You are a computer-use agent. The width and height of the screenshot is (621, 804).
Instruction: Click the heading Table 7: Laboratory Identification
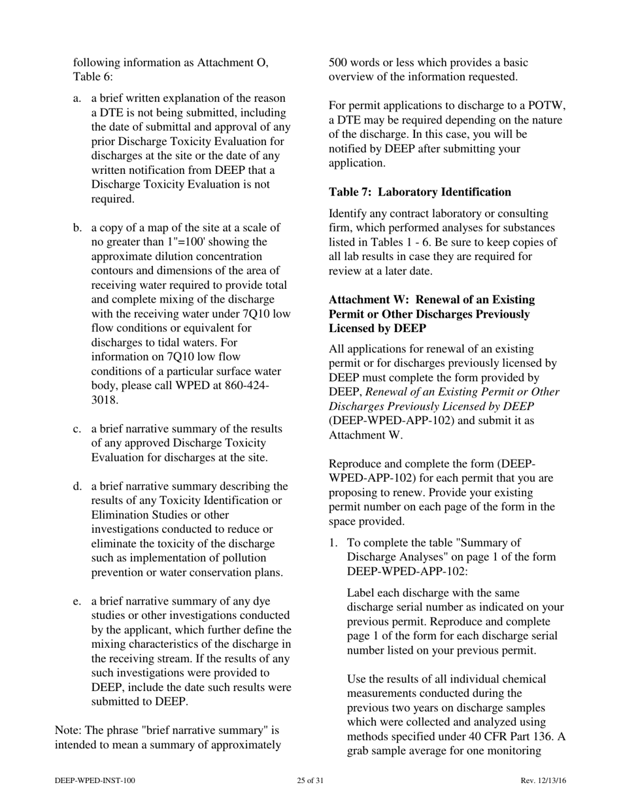point(420,192)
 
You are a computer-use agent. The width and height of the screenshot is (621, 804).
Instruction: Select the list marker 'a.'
point(77,99)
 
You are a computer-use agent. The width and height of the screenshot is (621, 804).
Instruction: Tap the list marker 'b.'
point(77,228)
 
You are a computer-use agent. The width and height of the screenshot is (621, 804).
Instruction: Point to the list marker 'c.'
point(77,429)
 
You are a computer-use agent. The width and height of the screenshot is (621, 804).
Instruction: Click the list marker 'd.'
point(77,487)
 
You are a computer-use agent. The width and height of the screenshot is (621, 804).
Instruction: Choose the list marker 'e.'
point(77,602)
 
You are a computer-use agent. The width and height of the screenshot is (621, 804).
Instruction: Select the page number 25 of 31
point(310,780)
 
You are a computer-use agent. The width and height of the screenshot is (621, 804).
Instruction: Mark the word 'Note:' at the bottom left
point(68,730)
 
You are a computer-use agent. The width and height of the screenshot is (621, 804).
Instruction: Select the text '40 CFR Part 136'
point(511,737)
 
